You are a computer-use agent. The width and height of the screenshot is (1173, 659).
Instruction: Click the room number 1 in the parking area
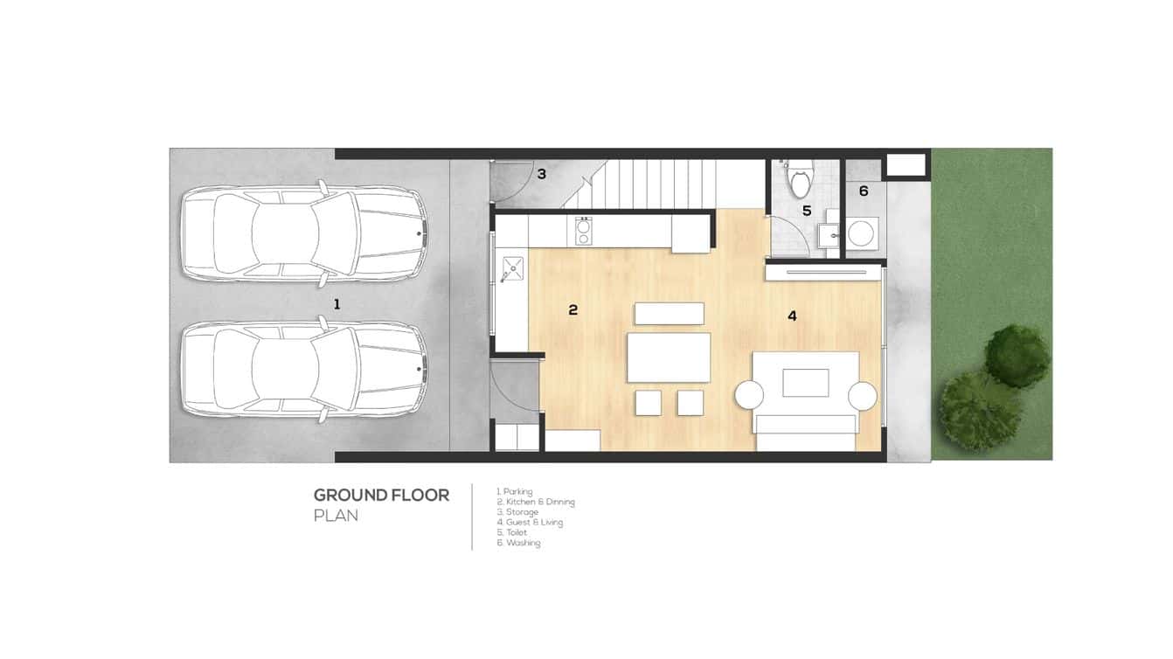click(x=337, y=304)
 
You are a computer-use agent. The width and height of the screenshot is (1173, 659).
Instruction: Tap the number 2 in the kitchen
click(x=573, y=310)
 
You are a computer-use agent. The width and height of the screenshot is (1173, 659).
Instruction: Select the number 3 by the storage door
click(x=541, y=174)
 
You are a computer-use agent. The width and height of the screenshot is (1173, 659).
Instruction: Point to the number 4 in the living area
click(x=792, y=316)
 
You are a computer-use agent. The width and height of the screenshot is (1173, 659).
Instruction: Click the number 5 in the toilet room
click(x=807, y=211)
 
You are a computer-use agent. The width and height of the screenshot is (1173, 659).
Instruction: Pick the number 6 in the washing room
click(x=864, y=191)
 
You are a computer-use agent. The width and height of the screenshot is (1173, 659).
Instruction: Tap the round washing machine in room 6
click(x=860, y=233)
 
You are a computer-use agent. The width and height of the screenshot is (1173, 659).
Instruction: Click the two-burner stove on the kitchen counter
click(x=582, y=231)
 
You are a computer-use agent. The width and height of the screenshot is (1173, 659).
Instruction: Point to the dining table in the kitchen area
click(x=669, y=357)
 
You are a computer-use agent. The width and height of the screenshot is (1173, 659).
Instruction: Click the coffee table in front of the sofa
click(x=805, y=383)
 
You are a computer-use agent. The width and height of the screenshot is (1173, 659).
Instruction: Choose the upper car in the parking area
click(x=304, y=233)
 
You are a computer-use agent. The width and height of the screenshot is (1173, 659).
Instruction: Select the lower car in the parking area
click(x=304, y=370)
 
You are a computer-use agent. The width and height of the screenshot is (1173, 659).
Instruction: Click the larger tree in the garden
click(x=978, y=409)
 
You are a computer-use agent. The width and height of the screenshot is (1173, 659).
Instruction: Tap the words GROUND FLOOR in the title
click(x=381, y=496)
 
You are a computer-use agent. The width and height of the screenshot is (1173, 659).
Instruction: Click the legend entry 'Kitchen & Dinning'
click(x=536, y=502)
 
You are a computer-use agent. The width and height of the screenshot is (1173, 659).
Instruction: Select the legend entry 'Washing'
click(x=518, y=542)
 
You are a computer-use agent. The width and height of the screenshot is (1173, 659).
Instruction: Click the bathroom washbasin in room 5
click(x=829, y=235)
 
